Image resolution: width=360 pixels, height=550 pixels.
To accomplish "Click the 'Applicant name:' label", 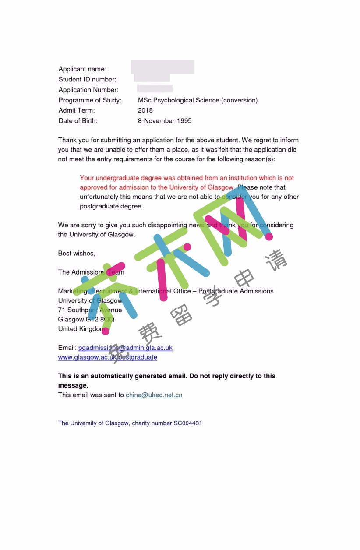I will (x=82, y=69).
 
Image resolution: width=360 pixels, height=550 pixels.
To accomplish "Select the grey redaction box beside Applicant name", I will (x=162, y=67).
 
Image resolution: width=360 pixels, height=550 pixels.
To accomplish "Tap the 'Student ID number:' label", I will (x=87, y=79).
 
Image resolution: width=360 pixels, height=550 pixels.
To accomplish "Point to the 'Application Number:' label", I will (x=88, y=90).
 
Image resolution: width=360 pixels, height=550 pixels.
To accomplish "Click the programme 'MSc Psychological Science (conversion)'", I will (x=198, y=100).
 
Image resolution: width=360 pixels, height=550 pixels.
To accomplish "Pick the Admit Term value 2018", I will (x=145, y=110).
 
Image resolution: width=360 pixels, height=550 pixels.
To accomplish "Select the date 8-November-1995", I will (x=165, y=121).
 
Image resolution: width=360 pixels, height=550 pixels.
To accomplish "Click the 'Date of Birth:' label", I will (x=78, y=121).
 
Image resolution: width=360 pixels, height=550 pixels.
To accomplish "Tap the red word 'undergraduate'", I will (x=117, y=178).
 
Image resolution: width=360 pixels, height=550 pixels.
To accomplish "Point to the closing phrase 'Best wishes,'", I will (x=77, y=253).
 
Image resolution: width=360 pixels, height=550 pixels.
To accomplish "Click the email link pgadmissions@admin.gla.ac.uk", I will (x=125, y=348).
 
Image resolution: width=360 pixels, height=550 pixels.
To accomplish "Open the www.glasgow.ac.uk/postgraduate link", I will (x=107, y=357).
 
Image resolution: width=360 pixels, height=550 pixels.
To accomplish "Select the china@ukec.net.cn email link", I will (x=154, y=395).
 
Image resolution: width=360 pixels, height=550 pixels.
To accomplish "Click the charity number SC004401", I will (x=187, y=423).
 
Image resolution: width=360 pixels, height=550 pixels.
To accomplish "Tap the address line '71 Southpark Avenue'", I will (x=90, y=310).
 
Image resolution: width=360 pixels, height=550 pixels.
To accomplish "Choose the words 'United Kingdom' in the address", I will (x=82, y=329).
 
